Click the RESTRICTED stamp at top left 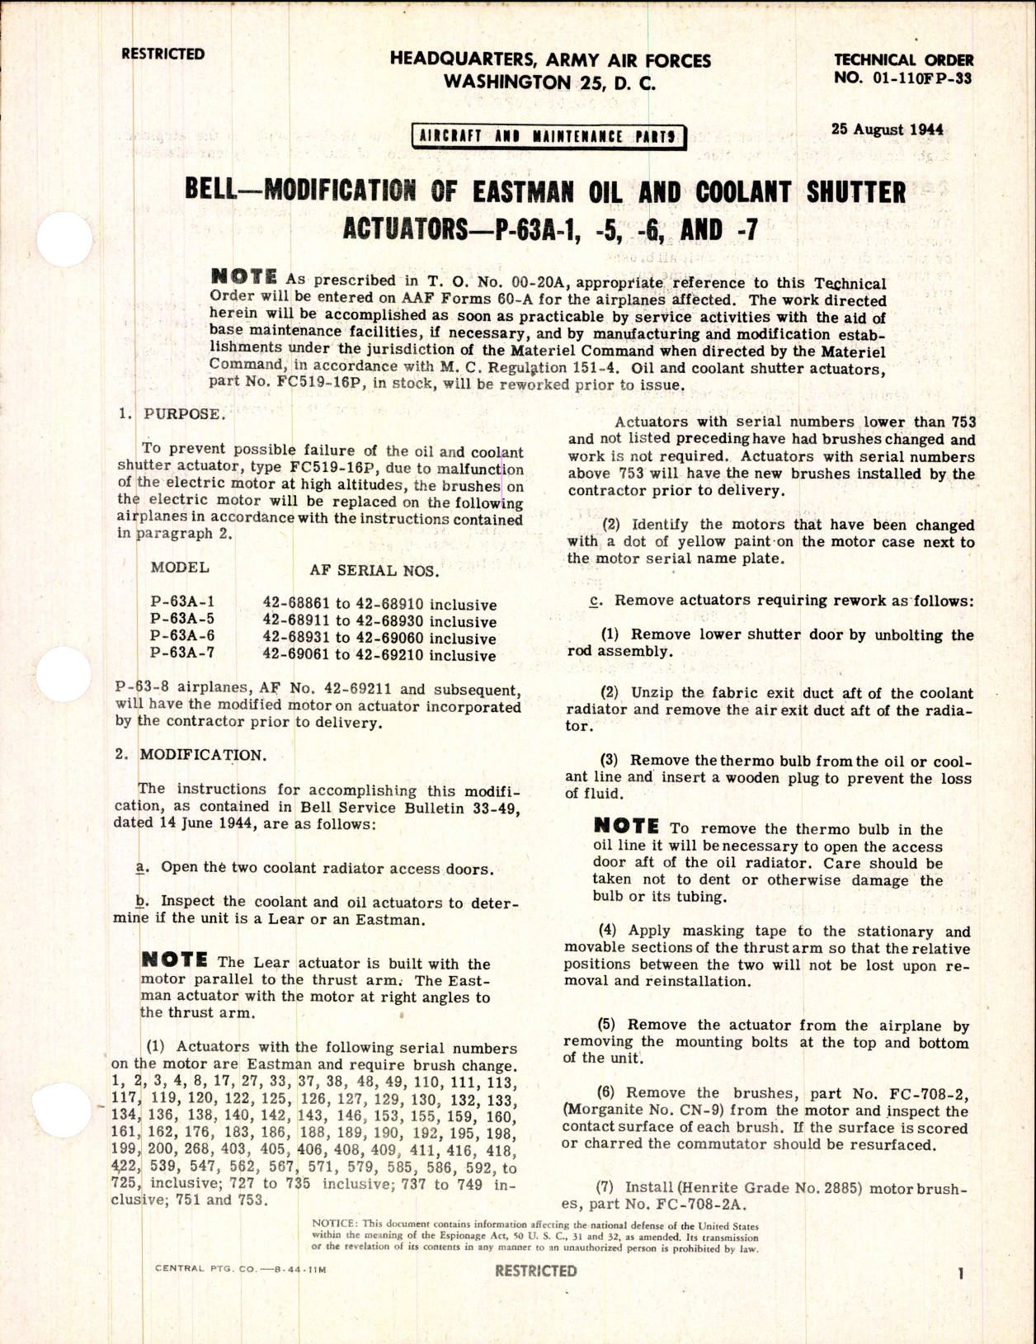[x=162, y=54]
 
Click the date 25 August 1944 [x=888, y=130]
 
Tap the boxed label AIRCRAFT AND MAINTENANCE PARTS [x=549, y=136]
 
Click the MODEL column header [x=180, y=568]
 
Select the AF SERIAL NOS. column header [x=374, y=570]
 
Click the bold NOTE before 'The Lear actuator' [x=175, y=960]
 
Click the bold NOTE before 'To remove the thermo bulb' [x=626, y=827]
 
